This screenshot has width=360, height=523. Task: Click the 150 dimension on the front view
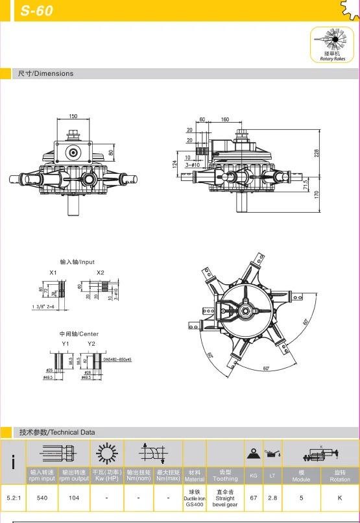pyautogui.click(x=73, y=116)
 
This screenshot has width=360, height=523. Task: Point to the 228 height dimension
pyautogui.click(x=317, y=152)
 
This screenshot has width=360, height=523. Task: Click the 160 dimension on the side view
pyautogui.click(x=225, y=120)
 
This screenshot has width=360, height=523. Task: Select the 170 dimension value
pyautogui.click(x=317, y=193)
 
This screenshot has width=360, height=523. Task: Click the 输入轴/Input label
pyautogui.click(x=77, y=262)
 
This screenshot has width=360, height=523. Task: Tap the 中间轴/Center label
pyautogui.click(x=79, y=334)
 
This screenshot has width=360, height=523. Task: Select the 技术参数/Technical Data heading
pyautogui.click(x=57, y=432)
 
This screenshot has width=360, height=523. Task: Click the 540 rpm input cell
pyautogui.click(x=42, y=498)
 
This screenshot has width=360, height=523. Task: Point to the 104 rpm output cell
pyautogui.click(x=74, y=498)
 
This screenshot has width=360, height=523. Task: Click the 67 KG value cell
pyautogui.click(x=253, y=498)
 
